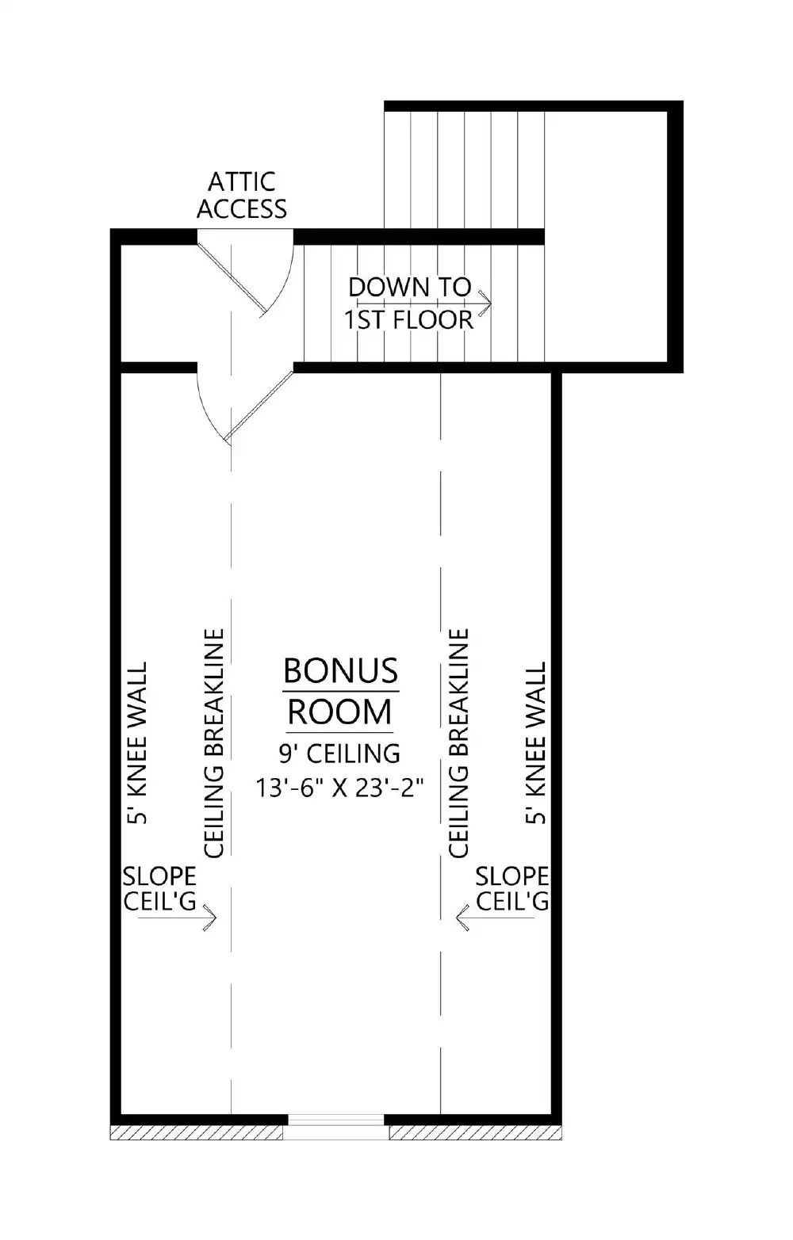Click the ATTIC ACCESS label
242,195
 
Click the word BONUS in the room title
340,670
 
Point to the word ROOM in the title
339,712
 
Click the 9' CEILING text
339,753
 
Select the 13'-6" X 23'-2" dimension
339,788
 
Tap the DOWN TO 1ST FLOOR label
409,303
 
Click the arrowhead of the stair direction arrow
486,303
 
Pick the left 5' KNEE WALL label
138,743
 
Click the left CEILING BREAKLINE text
214,743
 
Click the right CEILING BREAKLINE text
459,743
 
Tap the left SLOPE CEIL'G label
159,888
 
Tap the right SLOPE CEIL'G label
512,888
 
